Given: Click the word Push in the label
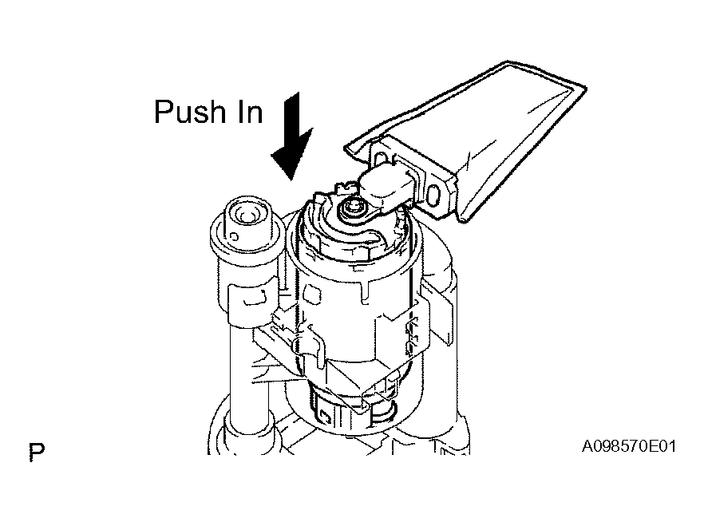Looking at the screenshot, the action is click(188, 111).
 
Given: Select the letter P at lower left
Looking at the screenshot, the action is click(37, 452).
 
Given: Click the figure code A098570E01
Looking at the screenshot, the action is click(629, 447).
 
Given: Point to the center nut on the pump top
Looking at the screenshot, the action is click(351, 208).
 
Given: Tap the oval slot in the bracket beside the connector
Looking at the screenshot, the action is click(433, 196).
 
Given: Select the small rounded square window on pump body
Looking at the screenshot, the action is click(314, 295).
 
